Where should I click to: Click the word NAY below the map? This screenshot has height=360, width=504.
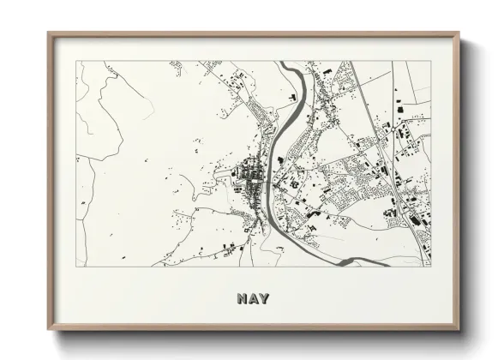click(x=252, y=299)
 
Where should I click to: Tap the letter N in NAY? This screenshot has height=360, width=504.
click(x=241, y=299)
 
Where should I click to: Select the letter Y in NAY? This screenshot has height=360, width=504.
click(x=263, y=299)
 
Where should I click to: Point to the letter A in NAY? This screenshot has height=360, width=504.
click(x=252, y=299)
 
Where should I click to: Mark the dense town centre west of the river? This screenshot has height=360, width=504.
click(x=251, y=176)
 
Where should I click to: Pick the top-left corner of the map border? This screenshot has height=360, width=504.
click(x=76, y=61)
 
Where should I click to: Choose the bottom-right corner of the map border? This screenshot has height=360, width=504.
click(x=431, y=266)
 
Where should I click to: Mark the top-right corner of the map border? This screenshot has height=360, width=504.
click(x=431, y=61)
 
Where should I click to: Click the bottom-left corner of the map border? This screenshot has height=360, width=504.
click(x=76, y=266)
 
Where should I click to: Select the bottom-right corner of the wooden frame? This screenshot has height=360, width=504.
click(x=460, y=332)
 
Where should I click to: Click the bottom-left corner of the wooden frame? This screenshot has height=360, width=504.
click(x=48, y=332)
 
